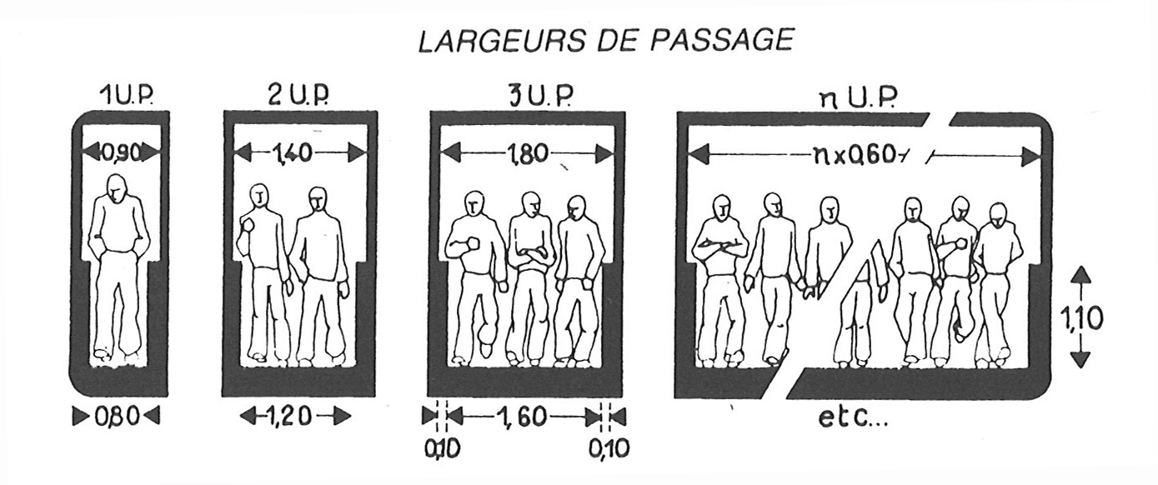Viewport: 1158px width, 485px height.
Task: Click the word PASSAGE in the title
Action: tap(721, 40)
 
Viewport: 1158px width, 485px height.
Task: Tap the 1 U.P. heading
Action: tap(128, 96)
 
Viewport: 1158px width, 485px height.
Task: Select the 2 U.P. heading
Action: tap(298, 96)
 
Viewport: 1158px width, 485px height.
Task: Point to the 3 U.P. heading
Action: tap(541, 96)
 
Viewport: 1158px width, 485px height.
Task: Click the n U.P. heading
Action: tap(858, 98)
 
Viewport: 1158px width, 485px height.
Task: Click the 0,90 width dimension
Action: tap(122, 152)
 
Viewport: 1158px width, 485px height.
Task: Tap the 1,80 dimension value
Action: tap(527, 154)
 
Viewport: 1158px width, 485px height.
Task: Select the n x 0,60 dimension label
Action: tap(855, 156)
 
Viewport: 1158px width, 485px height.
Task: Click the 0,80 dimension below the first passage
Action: tap(117, 417)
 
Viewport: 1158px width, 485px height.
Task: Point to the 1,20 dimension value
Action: tap(295, 416)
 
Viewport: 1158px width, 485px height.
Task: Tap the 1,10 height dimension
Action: tap(1080, 318)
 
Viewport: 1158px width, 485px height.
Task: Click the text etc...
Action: tap(853, 417)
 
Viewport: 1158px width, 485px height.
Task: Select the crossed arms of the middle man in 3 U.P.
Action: tap(530, 254)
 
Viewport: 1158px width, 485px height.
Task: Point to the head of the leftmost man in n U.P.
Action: tap(722, 208)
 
